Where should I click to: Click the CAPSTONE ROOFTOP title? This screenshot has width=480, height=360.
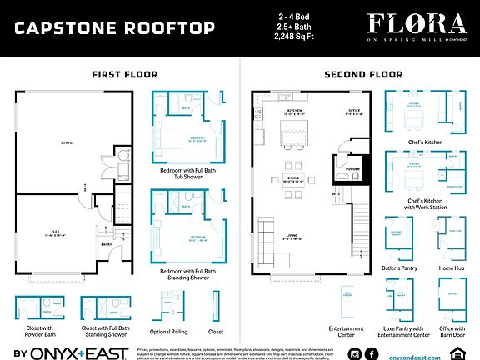(114, 28)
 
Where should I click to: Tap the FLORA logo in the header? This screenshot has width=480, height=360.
(411, 22)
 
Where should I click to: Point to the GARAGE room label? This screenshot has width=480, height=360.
(67, 143)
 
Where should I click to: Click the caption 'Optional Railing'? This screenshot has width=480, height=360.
(171, 332)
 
